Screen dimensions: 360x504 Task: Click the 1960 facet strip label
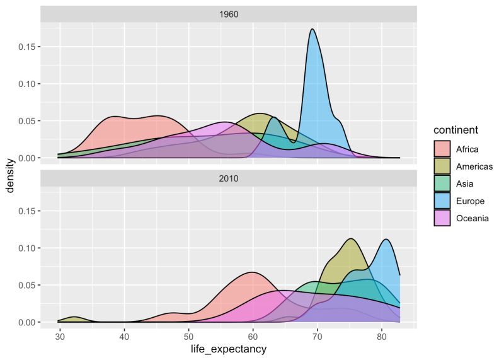click(x=228, y=14)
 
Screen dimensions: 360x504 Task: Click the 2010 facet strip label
click(x=228, y=178)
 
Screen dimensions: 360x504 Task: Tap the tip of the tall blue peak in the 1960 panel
click(x=312, y=29)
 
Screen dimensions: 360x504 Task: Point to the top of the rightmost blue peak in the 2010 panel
click(x=386, y=240)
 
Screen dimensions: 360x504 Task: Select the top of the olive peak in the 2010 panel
click(x=350, y=239)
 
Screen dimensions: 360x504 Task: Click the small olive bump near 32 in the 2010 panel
click(x=74, y=316)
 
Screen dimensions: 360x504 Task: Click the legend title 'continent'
click(x=459, y=130)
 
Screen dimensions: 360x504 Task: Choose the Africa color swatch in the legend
click(x=442, y=149)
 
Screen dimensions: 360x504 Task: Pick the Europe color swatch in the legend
click(x=442, y=201)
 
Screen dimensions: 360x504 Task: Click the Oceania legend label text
click(x=473, y=219)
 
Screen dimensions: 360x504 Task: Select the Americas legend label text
click(x=474, y=166)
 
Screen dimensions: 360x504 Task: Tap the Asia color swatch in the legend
click(x=442, y=184)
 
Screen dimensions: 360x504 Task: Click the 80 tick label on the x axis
click(x=382, y=336)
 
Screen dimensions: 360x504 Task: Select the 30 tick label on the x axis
click(x=60, y=336)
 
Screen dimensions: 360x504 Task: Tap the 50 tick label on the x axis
click(x=188, y=336)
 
